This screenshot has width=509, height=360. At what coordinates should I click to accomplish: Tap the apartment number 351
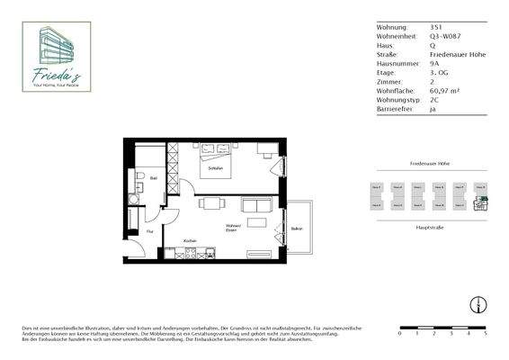[437, 28]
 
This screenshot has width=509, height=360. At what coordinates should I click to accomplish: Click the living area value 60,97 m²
[447, 90]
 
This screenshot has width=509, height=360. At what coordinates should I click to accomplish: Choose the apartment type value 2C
[436, 99]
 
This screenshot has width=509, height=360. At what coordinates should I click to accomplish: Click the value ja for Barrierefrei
[435, 108]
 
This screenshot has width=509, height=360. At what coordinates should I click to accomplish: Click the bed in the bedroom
[216, 164]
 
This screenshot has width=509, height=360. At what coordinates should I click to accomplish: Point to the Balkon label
[297, 229]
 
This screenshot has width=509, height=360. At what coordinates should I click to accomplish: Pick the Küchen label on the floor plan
[190, 240]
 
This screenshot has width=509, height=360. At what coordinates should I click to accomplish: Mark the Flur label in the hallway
[149, 231]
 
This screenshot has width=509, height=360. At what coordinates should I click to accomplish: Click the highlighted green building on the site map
[481, 202]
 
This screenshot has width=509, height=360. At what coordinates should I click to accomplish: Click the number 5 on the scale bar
[486, 333]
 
